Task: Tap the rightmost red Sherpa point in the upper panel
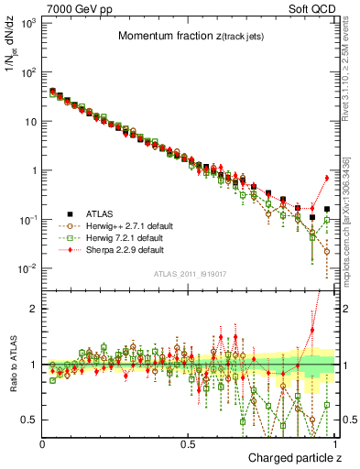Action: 327,178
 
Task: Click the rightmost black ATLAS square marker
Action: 327,210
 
